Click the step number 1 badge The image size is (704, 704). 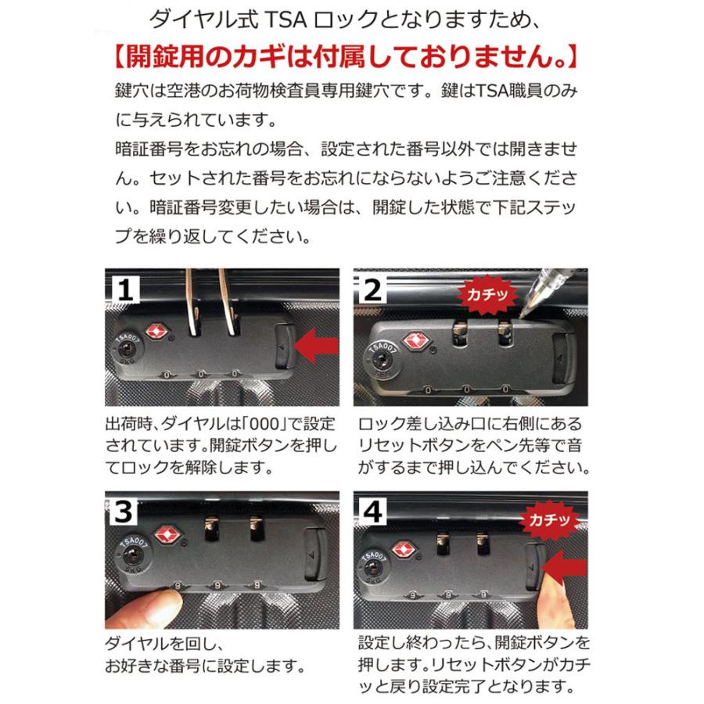tap(125, 290)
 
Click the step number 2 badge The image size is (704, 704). tap(372, 290)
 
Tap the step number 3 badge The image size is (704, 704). tap(124, 512)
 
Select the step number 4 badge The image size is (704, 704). tap(372, 512)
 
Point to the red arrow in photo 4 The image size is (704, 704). tap(564, 569)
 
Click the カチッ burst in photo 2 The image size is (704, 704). tap(487, 295)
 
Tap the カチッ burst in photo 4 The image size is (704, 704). tap(549, 519)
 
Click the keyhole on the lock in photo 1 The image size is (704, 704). tap(126, 350)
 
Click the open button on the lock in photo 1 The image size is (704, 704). tap(285, 346)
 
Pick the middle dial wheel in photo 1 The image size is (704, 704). tap(201, 375)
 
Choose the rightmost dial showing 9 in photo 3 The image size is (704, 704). tap(257, 585)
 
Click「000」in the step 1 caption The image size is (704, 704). tap(264, 423)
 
